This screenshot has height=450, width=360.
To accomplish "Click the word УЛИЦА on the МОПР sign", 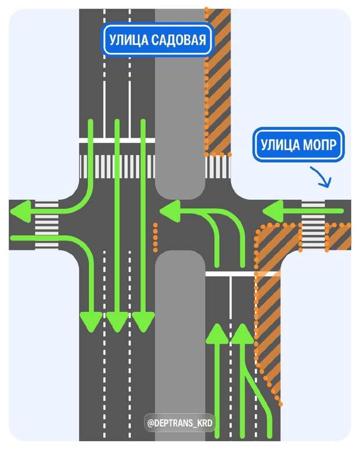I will [281, 145].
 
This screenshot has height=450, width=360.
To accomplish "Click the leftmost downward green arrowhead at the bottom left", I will [91, 321].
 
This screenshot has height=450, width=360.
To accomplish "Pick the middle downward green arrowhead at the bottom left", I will [117, 321].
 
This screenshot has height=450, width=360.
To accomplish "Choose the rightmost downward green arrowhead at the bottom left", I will [143, 321].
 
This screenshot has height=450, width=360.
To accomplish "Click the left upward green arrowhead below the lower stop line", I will [218, 334].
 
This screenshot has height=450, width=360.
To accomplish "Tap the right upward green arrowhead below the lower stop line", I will [243, 334].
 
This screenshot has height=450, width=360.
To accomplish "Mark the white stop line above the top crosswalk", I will [117, 141].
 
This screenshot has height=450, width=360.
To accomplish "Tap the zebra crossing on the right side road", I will [314, 224].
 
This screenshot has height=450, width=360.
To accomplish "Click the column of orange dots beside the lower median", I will [155, 238].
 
